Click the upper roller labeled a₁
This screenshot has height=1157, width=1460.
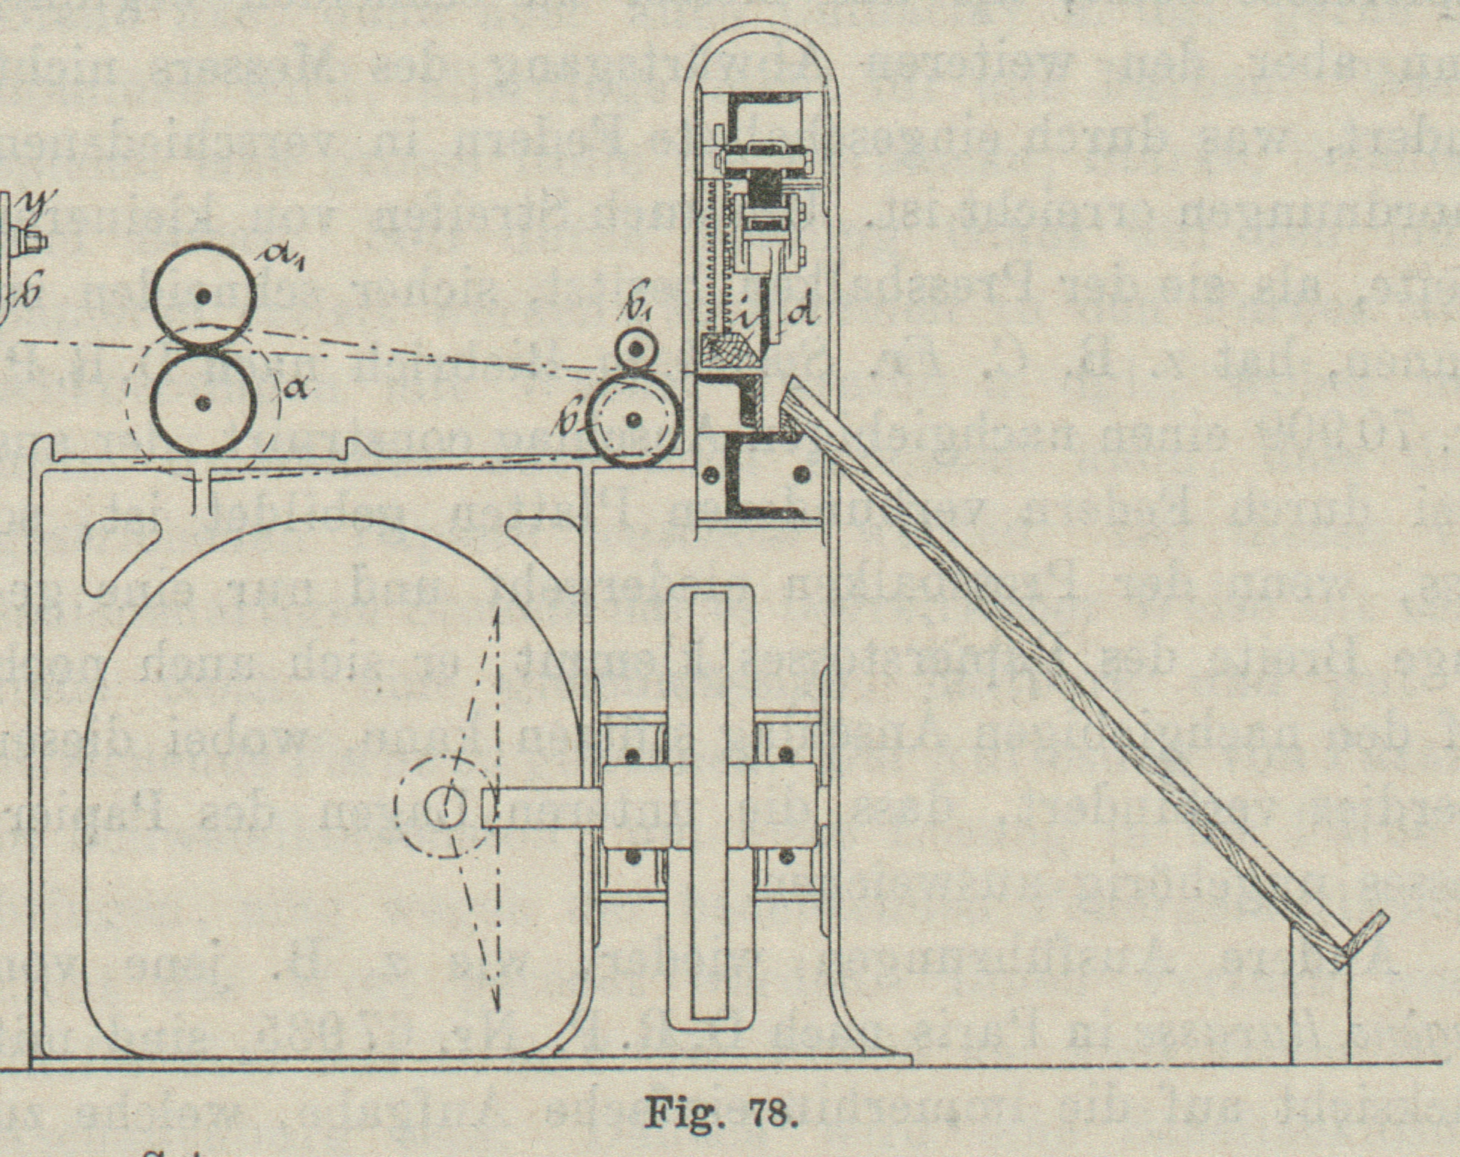[x=203, y=297]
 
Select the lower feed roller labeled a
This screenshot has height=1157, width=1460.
[x=203, y=403]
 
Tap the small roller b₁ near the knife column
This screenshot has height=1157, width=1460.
[x=636, y=349]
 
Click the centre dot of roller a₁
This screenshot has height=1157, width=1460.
[x=203, y=297]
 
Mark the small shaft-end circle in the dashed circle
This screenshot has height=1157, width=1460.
[x=446, y=807]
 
